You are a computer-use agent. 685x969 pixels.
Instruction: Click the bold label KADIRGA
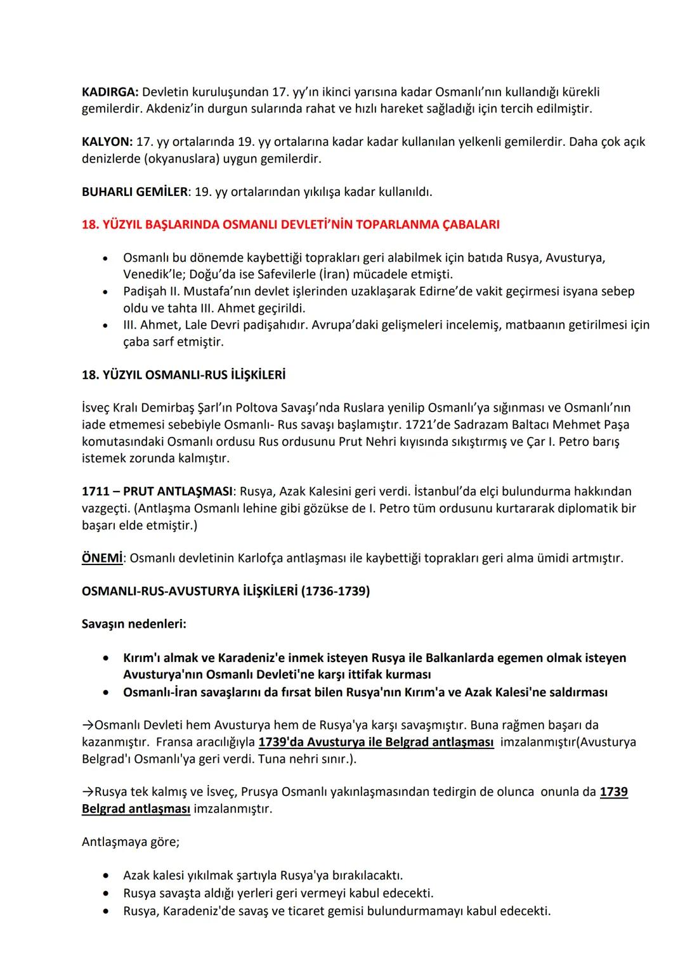coord(109,92)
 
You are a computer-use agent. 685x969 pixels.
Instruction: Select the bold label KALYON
coord(107,141)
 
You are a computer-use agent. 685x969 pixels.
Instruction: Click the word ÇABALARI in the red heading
coord(470,224)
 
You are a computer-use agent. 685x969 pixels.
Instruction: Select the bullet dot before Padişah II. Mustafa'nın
coord(105,292)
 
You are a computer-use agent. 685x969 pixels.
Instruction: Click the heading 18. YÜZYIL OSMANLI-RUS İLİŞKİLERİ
coord(183,375)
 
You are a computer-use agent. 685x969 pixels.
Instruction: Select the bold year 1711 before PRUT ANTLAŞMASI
coord(95,491)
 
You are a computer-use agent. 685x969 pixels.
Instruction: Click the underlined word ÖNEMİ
coord(101,558)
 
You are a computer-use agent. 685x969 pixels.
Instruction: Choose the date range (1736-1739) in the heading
coord(335,591)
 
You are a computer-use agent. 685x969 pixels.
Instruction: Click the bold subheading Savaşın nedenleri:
coord(134,624)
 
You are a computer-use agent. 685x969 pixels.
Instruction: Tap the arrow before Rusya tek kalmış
coord(88,792)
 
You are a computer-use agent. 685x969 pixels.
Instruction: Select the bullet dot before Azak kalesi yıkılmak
coord(105,876)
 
